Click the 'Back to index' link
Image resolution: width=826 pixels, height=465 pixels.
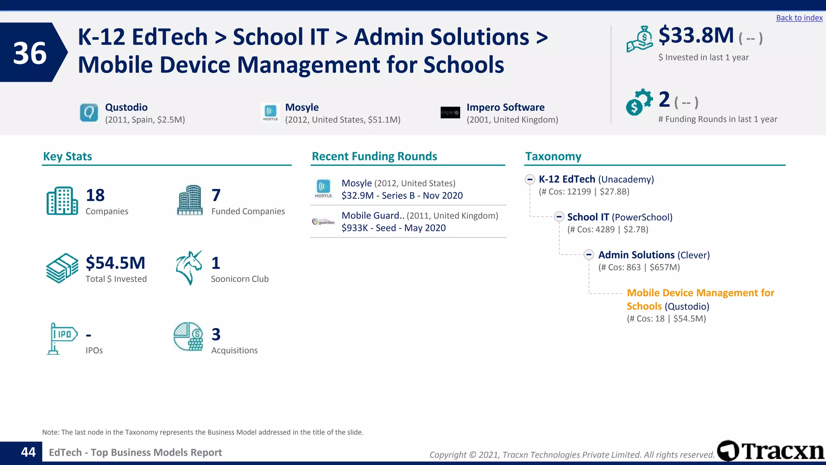(x=799, y=18)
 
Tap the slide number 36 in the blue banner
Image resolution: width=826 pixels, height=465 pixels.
(x=29, y=53)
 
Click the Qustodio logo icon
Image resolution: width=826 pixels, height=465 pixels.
(x=89, y=113)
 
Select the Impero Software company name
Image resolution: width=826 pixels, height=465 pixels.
(x=505, y=107)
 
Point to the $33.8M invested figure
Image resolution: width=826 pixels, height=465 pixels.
(x=696, y=36)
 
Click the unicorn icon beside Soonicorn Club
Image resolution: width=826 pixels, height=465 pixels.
(x=189, y=268)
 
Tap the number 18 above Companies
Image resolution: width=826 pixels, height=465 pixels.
(x=95, y=195)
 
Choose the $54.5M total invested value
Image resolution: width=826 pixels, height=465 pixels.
(x=115, y=263)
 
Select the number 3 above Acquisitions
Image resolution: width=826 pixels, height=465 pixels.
(x=216, y=335)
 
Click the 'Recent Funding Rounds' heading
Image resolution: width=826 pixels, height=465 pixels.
(x=374, y=156)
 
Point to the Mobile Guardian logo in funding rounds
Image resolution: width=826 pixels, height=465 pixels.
(x=323, y=222)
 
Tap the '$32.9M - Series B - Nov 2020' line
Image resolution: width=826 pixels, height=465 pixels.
(x=402, y=196)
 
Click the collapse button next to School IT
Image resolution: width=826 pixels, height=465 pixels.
(x=559, y=217)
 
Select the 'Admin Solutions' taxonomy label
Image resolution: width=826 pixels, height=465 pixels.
(x=636, y=255)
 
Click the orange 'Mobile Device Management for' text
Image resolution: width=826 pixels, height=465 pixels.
(x=700, y=293)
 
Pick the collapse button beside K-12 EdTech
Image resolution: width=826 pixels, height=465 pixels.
(x=530, y=179)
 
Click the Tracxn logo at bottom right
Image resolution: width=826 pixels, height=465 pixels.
(x=771, y=451)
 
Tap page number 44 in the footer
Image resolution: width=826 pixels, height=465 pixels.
(x=28, y=452)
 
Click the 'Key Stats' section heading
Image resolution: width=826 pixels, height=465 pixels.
(x=67, y=156)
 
